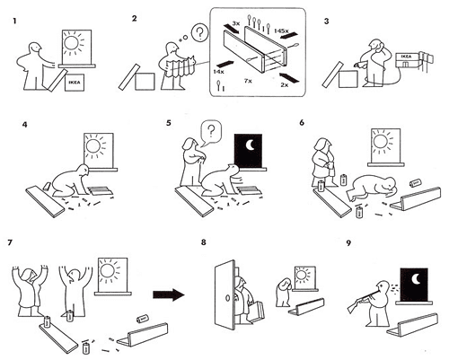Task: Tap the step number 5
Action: (x=167, y=121)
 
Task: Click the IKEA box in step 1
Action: (x=78, y=82)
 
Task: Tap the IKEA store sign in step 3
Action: (x=407, y=57)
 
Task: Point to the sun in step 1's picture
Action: (x=73, y=42)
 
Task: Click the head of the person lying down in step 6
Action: (x=388, y=187)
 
